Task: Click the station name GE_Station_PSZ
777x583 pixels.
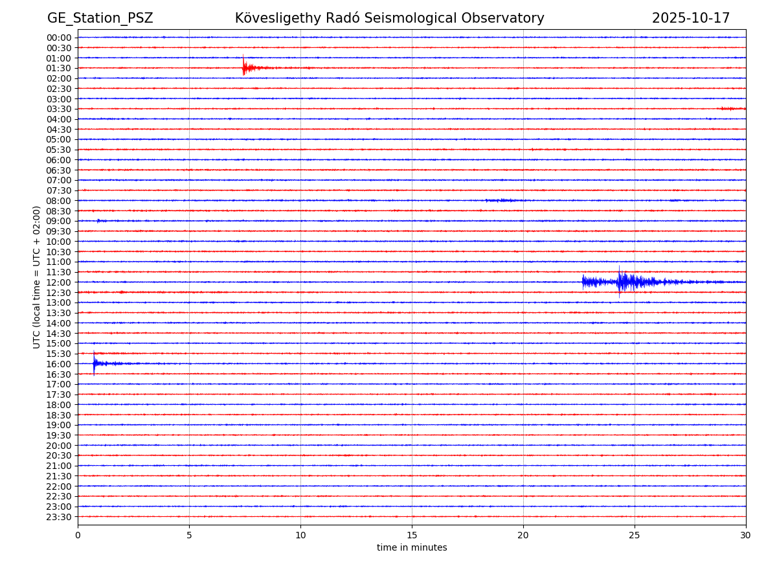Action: [x=100, y=18]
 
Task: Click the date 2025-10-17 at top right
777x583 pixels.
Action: [x=690, y=18]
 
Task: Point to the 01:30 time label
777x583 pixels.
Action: [x=59, y=68]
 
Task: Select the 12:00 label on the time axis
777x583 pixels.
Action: [x=59, y=282]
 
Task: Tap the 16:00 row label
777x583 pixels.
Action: [x=59, y=364]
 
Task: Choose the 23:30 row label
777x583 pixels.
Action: [x=59, y=517]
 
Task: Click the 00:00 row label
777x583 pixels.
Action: [x=59, y=38]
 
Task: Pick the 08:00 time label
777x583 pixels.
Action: [x=59, y=201]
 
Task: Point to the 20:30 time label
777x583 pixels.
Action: [x=59, y=456]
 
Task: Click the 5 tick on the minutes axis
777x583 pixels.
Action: [x=189, y=535]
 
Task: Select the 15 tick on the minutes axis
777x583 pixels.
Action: [x=412, y=535]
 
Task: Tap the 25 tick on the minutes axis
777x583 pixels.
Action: [x=635, y=535]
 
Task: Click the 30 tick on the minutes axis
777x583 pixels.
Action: [x=746, y=535]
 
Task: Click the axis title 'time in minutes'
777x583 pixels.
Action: [x=412, y=548]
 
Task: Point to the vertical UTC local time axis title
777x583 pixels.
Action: [x=37, y=277]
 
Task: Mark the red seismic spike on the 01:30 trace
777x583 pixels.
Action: [x=243, y=66]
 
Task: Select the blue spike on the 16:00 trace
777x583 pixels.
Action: [x=94, y=363]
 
